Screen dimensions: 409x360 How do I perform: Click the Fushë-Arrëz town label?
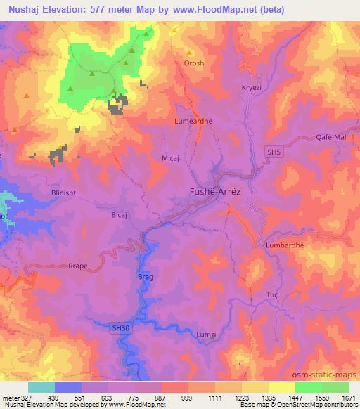coord(219,190)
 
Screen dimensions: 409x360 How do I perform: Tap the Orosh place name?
coord(194,63)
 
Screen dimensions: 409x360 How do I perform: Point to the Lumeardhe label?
coord(193,121)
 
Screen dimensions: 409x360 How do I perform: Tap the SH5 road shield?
coord(274,152)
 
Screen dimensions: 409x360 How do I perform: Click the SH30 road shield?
coord(121,327)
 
